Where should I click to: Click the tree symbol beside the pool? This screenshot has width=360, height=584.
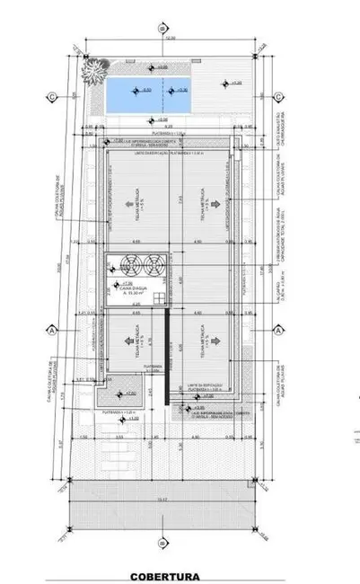coord(92,69)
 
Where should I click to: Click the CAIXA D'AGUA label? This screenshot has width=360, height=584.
coord(126,288)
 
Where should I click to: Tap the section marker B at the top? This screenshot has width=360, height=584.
coord(162,28)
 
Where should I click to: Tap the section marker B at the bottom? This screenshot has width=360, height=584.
coord(162,542)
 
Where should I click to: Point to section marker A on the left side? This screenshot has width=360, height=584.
coord(53,329)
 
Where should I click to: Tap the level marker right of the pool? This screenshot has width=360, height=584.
coord(228,84)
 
